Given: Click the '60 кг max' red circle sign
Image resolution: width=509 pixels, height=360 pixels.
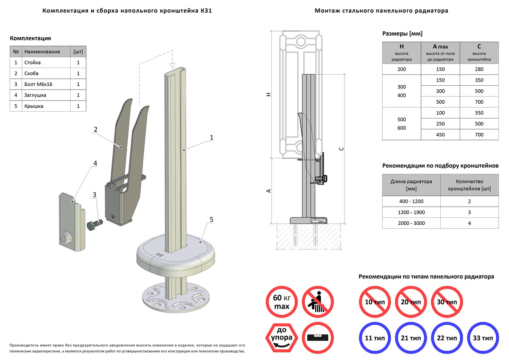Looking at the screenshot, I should (281, 302).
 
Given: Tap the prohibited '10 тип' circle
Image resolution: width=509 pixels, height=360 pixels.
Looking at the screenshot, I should (375, 302).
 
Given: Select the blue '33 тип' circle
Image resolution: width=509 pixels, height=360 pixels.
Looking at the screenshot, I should (483, 338).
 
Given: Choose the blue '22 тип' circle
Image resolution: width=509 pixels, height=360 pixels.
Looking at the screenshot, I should (447, 338).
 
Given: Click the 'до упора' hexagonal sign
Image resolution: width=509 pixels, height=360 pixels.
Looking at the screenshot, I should (281, 338).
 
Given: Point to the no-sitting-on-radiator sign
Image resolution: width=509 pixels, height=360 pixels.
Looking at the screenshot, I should (317, 302).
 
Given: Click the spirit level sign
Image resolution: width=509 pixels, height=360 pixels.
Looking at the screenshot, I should (317, 338).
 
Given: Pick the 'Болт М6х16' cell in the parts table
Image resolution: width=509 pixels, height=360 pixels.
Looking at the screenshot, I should (46, 84).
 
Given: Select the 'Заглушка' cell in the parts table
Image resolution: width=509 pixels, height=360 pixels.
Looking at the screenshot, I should (46, 95).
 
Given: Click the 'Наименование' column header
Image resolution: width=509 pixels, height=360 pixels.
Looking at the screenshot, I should (46, 51).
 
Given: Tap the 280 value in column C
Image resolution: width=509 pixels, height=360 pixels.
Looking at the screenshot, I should (479, 69).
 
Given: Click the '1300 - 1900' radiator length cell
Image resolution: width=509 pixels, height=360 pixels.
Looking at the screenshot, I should (411, 212).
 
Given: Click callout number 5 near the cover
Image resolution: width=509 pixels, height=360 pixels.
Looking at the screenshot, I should (211, 220).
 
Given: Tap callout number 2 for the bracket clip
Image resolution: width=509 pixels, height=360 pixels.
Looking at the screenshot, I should (95, 130).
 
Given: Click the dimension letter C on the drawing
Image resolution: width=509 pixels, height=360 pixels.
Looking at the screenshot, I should (341, 149).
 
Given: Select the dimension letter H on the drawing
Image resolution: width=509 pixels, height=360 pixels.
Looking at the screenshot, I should (269, 94).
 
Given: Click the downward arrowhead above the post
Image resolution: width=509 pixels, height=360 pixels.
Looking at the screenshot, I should (172, 66).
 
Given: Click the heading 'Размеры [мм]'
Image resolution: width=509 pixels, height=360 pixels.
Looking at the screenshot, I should (402, 33).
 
